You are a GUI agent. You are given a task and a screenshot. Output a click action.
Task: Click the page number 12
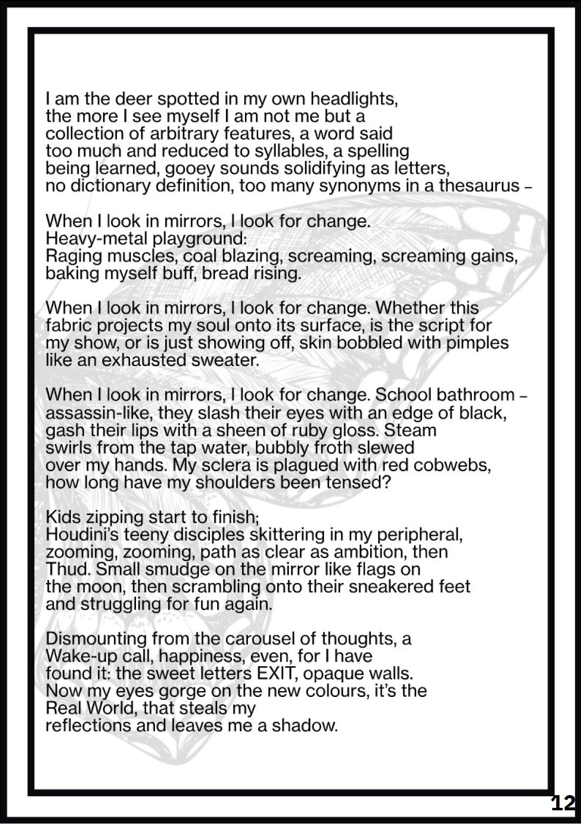pyautogui.click(x=563, y=803)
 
